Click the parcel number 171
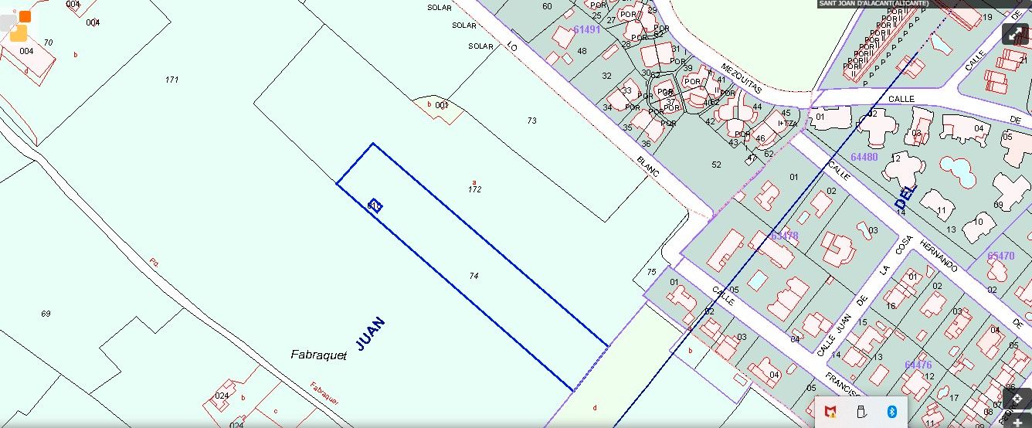(x=171, y=80)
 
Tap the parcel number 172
(x=474, y=189)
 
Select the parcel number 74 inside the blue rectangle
(x=474, y=276)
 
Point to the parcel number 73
(x=531, y=121)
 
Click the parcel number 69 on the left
(x=46, y=314)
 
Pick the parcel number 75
(x=651, y=272)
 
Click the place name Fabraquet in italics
(x=318, y=355)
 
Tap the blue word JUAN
(x=370, y=332)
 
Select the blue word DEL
(x=905, y=198)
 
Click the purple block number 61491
(x=587, y=29)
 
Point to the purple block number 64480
(x=864, y=157)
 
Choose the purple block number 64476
(x=918, y=365)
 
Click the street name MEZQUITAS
(x=742, y=78)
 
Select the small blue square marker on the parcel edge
(x=375, y=206)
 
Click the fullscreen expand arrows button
(x=1015, y=34)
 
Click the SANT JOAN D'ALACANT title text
(x=873, y=4)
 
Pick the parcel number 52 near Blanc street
(x=716, y=165)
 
